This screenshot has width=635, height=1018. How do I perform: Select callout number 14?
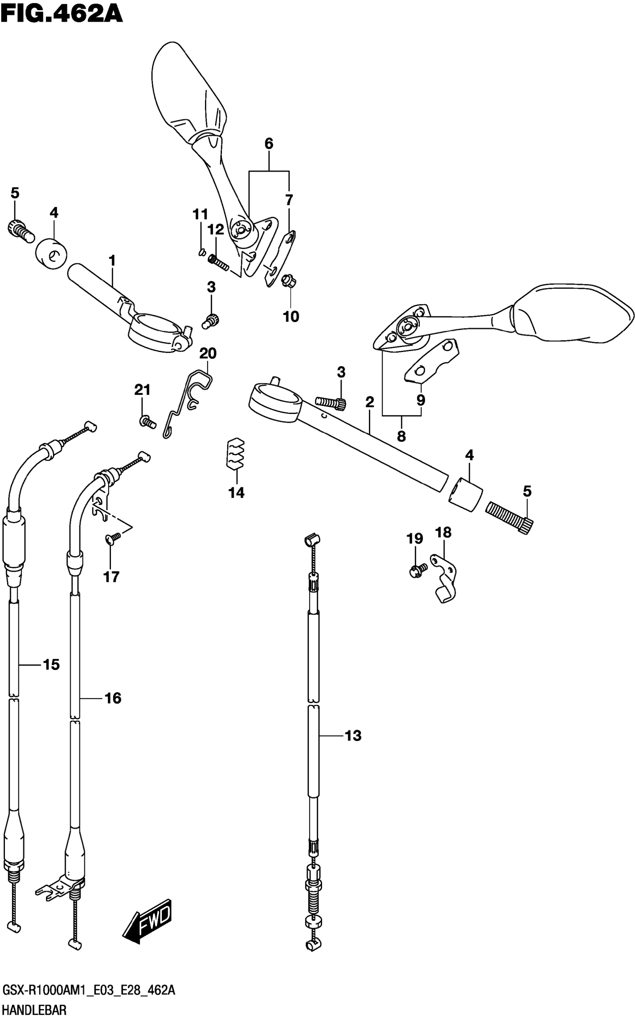pos(236,492)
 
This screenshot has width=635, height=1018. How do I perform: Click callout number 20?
pos(207,354)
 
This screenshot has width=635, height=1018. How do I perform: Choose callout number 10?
pos(291,316)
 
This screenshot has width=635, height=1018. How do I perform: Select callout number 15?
pos(51,664)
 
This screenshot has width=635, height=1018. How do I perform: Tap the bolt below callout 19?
pos(417,570)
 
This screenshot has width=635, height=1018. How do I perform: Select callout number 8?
pos(402,436)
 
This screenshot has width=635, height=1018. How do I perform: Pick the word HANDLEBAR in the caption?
pos(34,1009)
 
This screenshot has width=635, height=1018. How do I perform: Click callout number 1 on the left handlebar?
pos(112,261)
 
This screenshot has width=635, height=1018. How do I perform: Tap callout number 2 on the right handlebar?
pos(369,402)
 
